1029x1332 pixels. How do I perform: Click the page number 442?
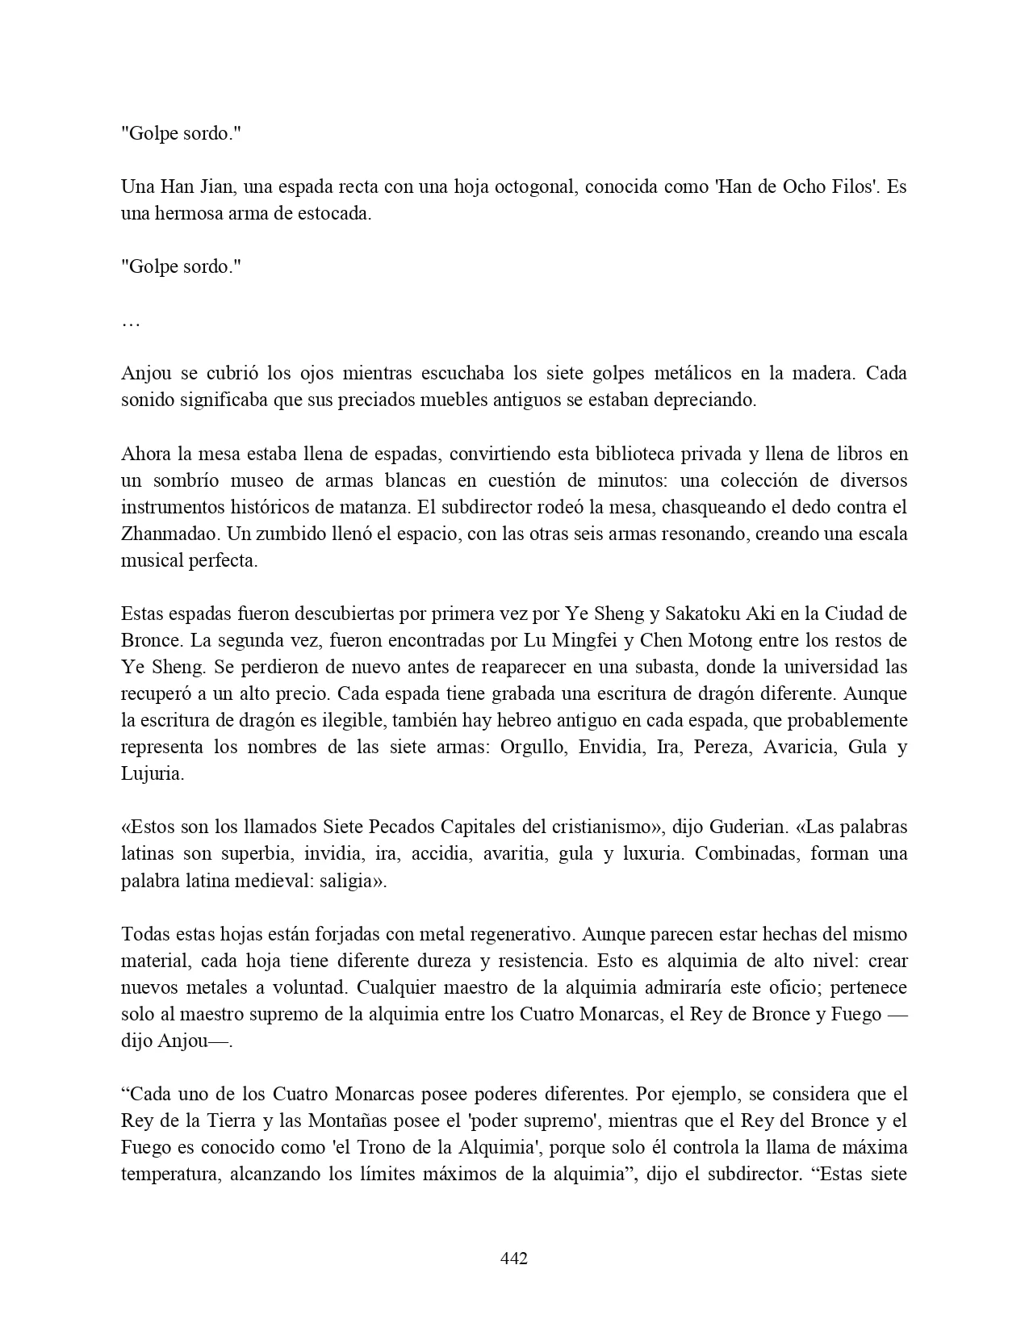pos(514,1258)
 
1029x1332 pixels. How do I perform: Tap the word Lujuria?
pos(153,773)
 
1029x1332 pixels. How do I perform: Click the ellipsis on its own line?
pos(131,322)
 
